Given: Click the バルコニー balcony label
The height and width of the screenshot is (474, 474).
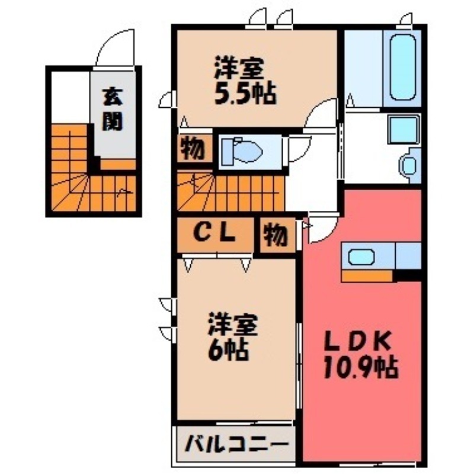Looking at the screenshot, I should (x=235, y=444).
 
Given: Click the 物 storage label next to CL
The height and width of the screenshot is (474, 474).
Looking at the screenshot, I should (x=276, y=236).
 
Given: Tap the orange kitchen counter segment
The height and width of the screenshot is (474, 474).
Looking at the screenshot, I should (x=367, y=276).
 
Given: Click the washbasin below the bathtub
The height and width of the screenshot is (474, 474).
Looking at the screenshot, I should (x=409, y=164).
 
